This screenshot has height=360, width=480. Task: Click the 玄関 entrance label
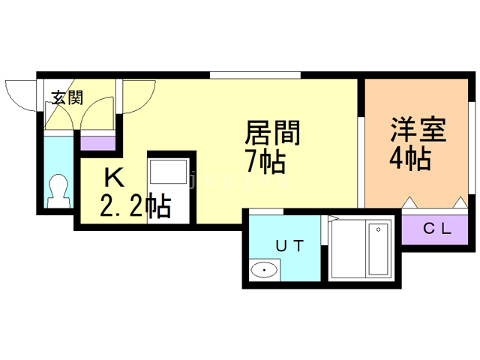[66, 97]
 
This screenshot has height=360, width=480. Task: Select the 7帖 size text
[263, 160]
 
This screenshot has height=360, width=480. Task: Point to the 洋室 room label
[418, 130]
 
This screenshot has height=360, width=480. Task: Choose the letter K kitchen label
[114, 178]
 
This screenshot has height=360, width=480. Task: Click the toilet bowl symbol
[57, 189]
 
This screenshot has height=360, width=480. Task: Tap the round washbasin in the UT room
[264, 270]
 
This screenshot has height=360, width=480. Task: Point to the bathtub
[374, 250]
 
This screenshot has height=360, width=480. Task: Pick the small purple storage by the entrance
[98, 142]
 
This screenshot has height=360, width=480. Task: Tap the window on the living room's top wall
[255, 74]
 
